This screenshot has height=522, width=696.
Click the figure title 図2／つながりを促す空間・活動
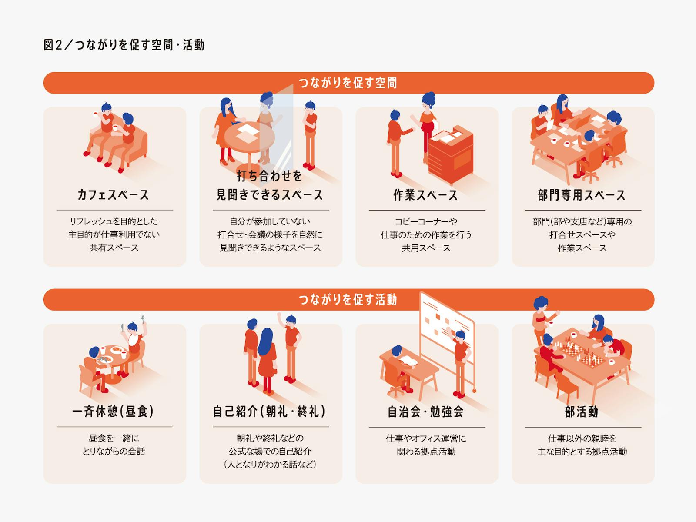pos(124,45)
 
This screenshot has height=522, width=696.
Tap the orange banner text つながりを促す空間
pos(348,83)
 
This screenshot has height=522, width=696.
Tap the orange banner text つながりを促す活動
pos(348,300)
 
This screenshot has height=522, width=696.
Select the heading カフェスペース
pos(113,195)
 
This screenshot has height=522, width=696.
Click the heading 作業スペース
pos(425,195)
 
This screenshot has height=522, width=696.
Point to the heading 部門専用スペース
pos(582,195)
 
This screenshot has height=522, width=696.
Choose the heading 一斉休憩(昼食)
pos(113,412)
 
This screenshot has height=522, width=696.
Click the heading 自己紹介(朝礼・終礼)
pos(269,412)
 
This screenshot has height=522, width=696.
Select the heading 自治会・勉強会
pos(425,412)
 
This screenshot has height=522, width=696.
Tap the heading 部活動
pos(582,412)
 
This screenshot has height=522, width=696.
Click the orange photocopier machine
pos(451,155)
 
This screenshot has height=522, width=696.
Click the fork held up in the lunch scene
pos(143,319)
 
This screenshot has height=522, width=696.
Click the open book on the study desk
pos(409,361)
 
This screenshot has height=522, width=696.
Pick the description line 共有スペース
pos(114,248)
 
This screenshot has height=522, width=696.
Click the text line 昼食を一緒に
pos(114,438)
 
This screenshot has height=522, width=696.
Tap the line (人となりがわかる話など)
pos(270,465)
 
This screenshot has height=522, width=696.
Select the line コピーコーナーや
pos(426,221)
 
